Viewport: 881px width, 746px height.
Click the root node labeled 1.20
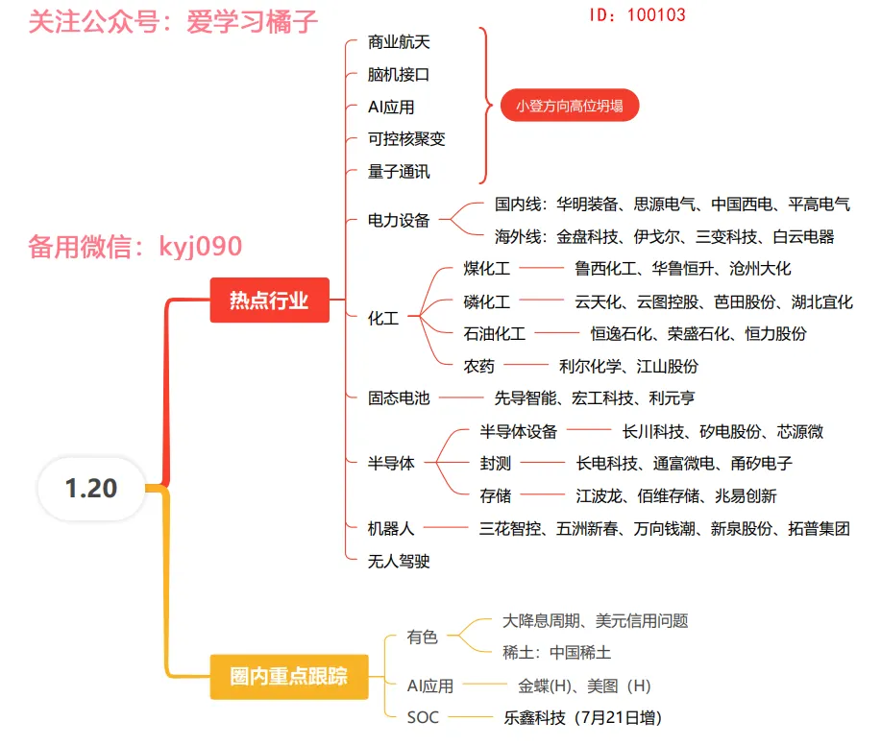[x=91, y=489]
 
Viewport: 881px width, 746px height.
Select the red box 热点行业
[x=269, y=301]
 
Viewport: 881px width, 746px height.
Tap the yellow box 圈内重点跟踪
[x=288, y=677]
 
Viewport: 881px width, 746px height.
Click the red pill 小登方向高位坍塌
[x=569, y=106]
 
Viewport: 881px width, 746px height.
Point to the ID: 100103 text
[x=636, y=15]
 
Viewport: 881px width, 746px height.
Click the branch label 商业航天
[x=399, y=42]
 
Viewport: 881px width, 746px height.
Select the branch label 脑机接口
[x=399, y=75]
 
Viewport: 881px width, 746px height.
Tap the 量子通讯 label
[x=399, y=172]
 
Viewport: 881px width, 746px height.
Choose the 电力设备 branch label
[x=399, y=221]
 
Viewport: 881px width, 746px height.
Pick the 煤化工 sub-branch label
[x=487, y=269]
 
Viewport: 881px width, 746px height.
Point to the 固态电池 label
[x=399, y=397]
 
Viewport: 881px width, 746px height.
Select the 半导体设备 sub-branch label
[x=519, y=432]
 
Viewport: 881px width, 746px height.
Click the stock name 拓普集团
[x=819, y=529]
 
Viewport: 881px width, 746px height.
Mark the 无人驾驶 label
[x=399, y=562]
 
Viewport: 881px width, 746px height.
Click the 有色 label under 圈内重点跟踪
[x=422, y=637]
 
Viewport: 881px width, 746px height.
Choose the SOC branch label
[x=423, y=717]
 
